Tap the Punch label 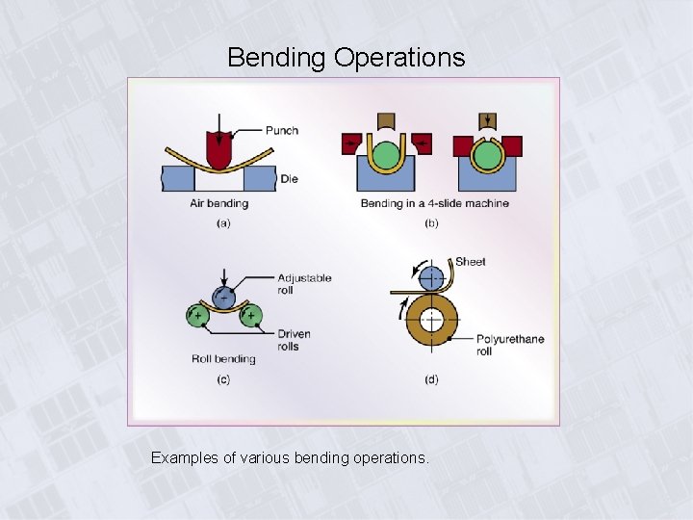pyautogui.click(x=282, y=131)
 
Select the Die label pyautogui.click(x=289, y=178)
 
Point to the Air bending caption pyautogui.click(x=218, y=203)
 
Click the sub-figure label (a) pyautogui.click(x=223, y=223)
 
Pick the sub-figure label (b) pyautogui.click(x=432, y=223)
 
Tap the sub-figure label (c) pyautogui.click(x=223, y=379)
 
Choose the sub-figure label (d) pyautogui.click(x=431, y=379)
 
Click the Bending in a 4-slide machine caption pyautogui.click(x=434, y=203)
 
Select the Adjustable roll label pyautogui.click(x=304, y=283)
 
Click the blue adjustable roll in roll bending pyautogui.click(x=223, y=297)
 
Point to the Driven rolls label pyautogui.click(x=295, y=340)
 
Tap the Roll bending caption pyautogui.click(x=222, y=359)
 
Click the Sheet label pyautogui.click(x=471, y=261)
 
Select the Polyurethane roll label pyautogui.click(x=510, y=345)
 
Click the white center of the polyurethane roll pyautogui.click(x=433, y=318)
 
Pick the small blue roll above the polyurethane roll pyautogui.click(x=433, y=277)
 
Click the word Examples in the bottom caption pyautogui.click(x=185, y=458)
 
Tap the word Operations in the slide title pyautogui.click(x=399, y=58)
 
